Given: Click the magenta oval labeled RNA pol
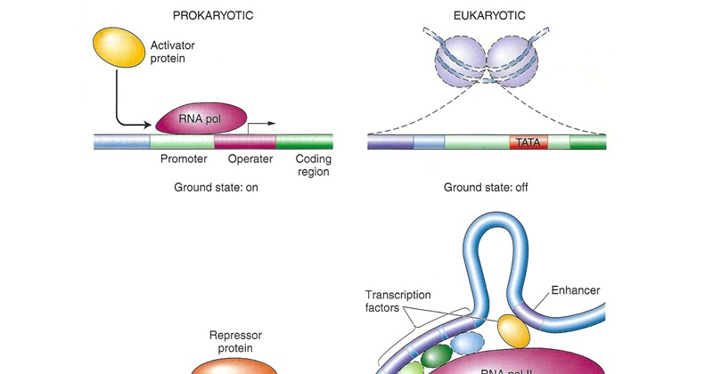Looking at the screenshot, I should pos(200,118).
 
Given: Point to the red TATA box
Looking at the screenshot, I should pos(529,142).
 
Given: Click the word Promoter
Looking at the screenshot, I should pos(184,159).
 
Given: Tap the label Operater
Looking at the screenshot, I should pos(250,159).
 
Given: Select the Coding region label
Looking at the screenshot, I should pos(313,166).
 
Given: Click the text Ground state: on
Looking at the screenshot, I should pos(215,188).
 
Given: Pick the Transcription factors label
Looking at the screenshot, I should pos(397,302).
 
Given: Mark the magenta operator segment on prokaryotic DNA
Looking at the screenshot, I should pos(245,142).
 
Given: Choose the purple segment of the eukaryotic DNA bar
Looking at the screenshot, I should pos(390,142).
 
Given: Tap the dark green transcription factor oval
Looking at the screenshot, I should pos(437,357).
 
